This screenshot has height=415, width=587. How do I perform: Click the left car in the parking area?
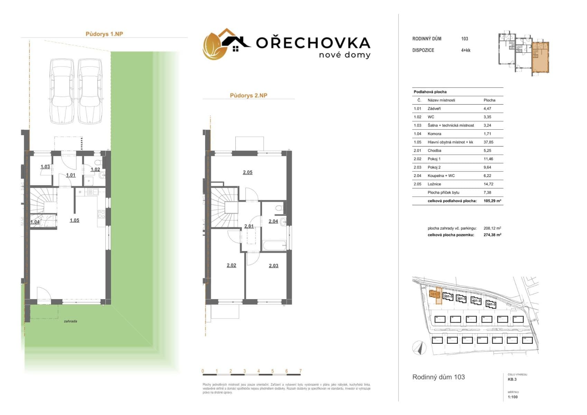(62, 91)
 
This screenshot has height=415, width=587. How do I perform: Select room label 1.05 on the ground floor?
(74, 220)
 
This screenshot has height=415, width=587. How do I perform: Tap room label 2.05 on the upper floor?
(248, 172)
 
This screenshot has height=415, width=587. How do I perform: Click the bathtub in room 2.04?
(274, 246)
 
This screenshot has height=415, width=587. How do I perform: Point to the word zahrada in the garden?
(71, 321)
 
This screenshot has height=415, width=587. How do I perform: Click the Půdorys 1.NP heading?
(104, 34)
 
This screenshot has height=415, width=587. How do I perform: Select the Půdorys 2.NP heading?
(249, 95)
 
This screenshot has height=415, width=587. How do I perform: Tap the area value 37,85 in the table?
(487, 142)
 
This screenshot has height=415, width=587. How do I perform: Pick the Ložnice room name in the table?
(434, 184)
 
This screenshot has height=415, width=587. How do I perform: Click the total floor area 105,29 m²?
(493, 201)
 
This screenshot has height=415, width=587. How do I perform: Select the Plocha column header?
(489, 100)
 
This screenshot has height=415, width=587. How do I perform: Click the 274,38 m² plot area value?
(492, 235)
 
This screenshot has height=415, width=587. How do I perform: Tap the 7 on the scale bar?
(300, 371)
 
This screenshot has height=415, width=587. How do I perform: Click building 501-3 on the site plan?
(491, 304)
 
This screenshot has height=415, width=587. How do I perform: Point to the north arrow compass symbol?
(419, 348)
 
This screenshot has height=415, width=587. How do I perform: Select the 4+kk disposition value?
(466, 50)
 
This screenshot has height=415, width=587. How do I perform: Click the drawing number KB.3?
(512, 379)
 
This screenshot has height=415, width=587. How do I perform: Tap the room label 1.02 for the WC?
(95, 169)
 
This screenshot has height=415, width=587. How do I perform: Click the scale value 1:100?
(513, 397)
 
